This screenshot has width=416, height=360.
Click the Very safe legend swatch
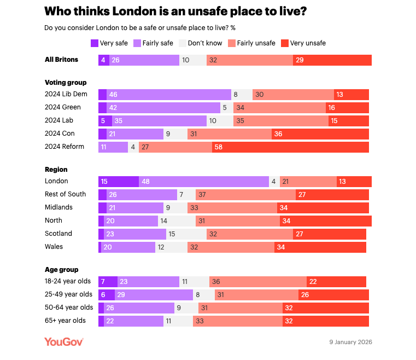point(95,43)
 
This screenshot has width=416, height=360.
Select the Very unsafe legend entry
point(308,43)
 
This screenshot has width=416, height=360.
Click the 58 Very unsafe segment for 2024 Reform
point(290,147)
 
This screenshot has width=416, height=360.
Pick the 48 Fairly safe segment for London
point(203,182)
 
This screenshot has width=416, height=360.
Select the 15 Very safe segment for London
point(119,182)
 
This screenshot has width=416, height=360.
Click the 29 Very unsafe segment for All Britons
point(332,60)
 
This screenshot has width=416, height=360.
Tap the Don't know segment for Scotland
point(186,234)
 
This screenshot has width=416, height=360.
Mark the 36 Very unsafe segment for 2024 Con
point(320,133)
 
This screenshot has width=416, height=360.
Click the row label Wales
point(54,247)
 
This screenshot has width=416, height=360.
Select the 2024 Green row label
point(62,107)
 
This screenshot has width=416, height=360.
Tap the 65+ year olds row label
point(65,321)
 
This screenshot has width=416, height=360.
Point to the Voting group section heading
point(66,83)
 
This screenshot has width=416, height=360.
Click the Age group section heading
point(61,270)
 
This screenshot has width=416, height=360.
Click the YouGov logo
point(64,342)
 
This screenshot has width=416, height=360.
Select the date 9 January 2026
point(350,342)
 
